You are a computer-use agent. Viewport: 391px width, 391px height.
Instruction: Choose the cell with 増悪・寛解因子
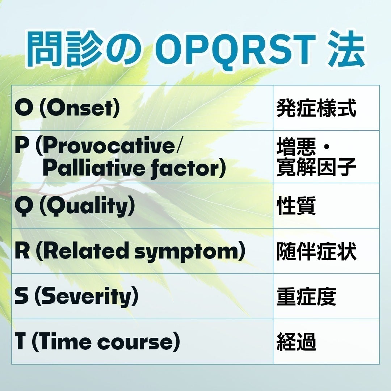316,157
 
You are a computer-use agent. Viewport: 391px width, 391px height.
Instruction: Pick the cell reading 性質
296,206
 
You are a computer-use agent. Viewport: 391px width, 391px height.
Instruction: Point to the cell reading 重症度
306,297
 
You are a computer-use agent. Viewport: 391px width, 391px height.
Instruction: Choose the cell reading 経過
296,342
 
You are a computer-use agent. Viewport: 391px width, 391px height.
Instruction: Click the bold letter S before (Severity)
22,297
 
